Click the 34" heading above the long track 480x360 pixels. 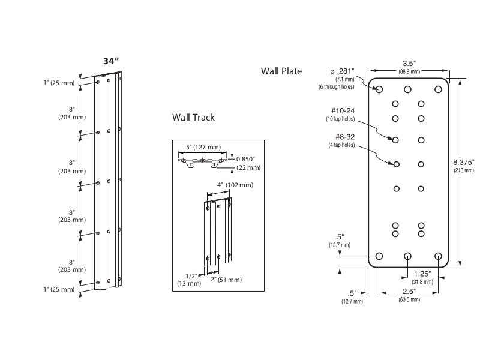[x=111, y=62]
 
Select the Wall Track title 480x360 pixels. [x=193, y=118]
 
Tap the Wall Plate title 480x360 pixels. [x=281, y=71]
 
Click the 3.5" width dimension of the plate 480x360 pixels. [x=409, y=63]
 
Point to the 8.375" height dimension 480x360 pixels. [x=464, y=162]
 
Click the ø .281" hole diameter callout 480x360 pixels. [x=342, y=72]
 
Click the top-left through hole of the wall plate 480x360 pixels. [x=379, y=89]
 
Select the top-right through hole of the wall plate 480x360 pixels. [x=438, y=89]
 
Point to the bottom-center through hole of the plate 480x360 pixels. [x=408, y=256]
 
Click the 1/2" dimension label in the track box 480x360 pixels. [x=191, y=276]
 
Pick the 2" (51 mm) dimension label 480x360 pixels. [x=226, y=280]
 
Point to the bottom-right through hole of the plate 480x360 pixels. [x=438, y=256]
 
